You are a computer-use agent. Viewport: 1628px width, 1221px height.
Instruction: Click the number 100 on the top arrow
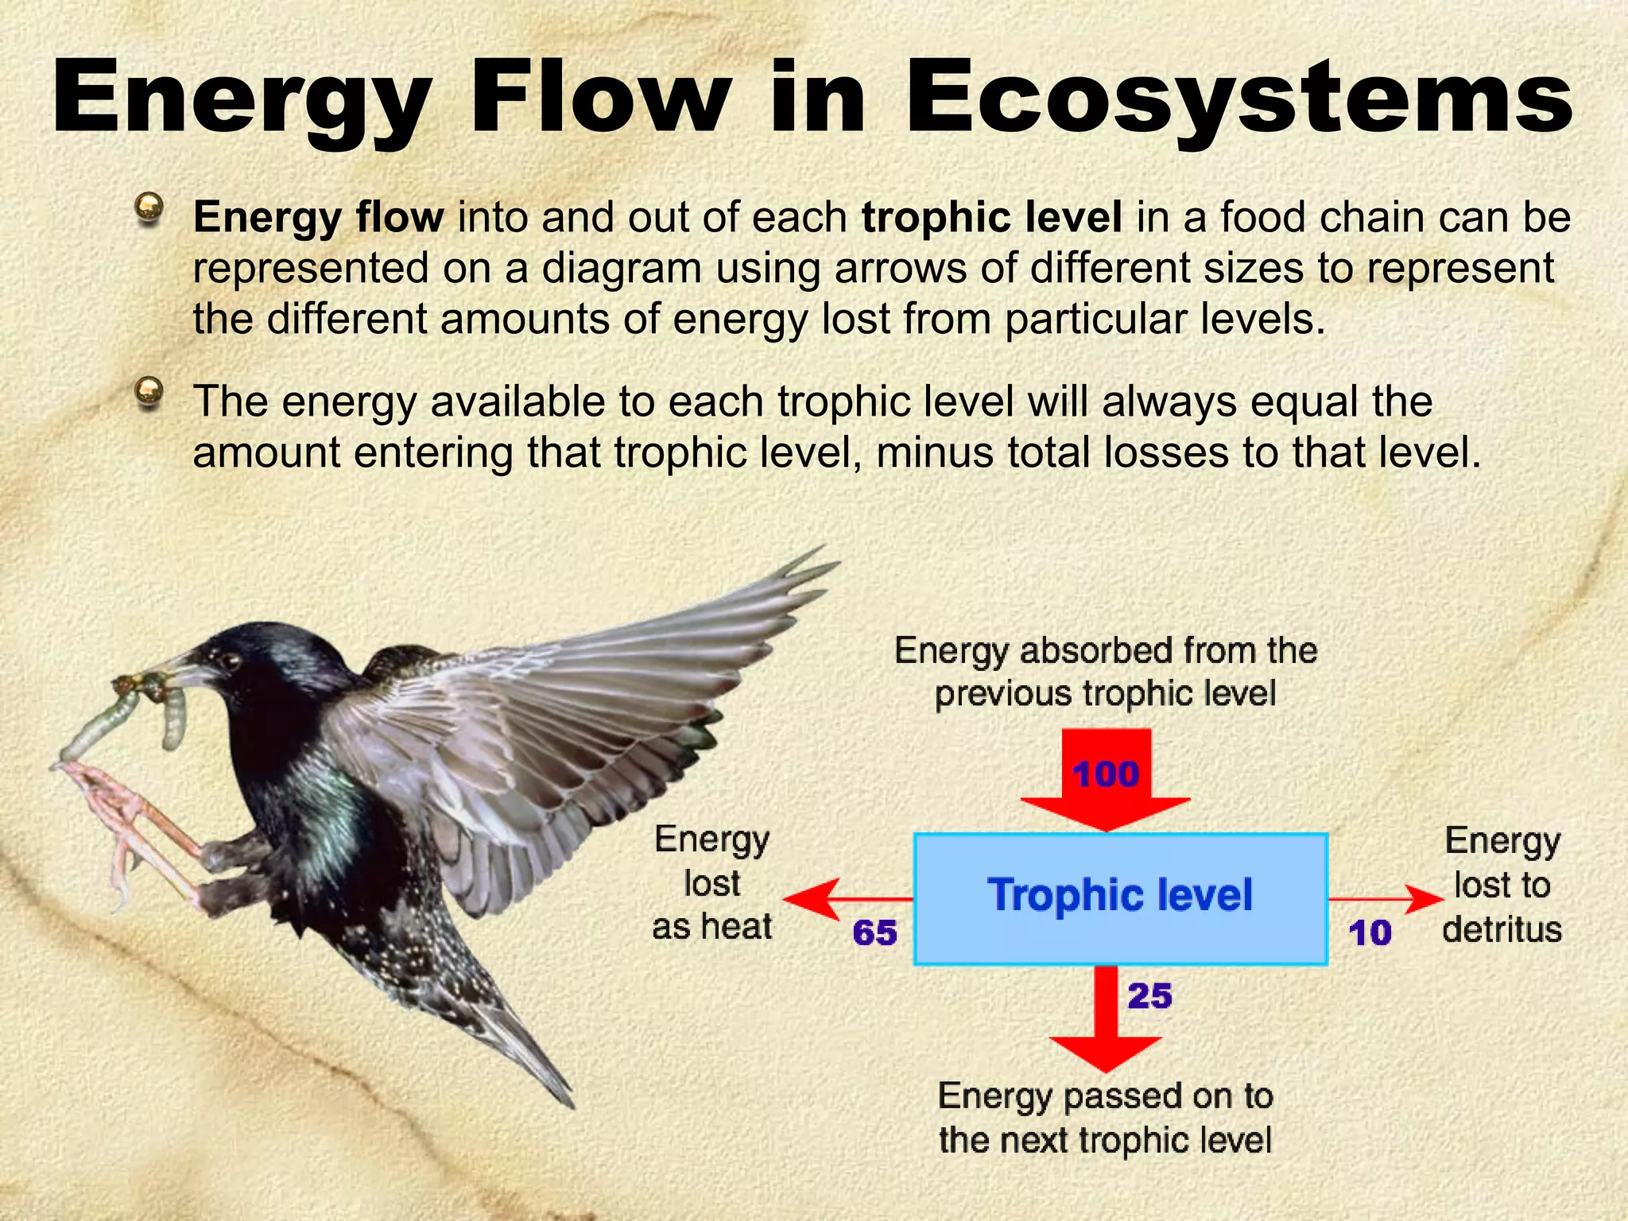click(1106, 774)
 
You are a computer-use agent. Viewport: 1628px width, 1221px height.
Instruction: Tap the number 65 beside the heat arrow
click(874, 932)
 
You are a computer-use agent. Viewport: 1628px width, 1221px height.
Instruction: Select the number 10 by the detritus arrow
click(1370, 932)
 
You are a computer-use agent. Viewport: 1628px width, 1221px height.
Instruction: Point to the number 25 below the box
click(1149, 996)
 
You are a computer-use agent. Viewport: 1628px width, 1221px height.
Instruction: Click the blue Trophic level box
click(1121, 898)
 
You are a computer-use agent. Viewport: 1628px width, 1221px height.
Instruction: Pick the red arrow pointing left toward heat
click(827, 900)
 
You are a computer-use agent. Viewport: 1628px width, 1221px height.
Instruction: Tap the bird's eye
click(231, 660)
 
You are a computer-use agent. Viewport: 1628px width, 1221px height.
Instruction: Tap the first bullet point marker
click(149, 208)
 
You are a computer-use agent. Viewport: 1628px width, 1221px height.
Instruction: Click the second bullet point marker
click(149, 392)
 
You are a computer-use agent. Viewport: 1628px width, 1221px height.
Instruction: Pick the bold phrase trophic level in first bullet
click(991, 217)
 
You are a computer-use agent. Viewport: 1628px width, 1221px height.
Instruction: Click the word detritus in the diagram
click(1502, 929)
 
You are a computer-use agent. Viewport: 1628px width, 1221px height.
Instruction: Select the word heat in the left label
click(736, 927)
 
